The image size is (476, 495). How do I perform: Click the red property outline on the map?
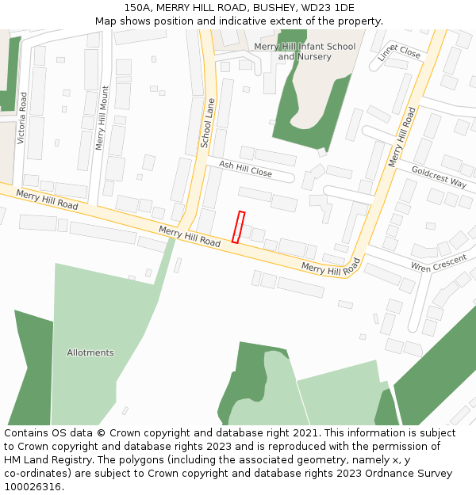tap(238, 227)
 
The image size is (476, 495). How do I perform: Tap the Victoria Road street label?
tap(23, 117)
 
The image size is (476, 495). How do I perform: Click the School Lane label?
tap(207, 124)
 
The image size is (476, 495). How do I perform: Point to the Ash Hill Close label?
tap(245, 169)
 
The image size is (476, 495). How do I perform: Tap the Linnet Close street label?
tap(399, 51)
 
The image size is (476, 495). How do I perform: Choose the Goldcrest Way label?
tap(439, 177)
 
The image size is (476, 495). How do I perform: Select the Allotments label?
tap(90, 352)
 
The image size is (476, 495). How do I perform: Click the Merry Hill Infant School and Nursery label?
tap(305, 51)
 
